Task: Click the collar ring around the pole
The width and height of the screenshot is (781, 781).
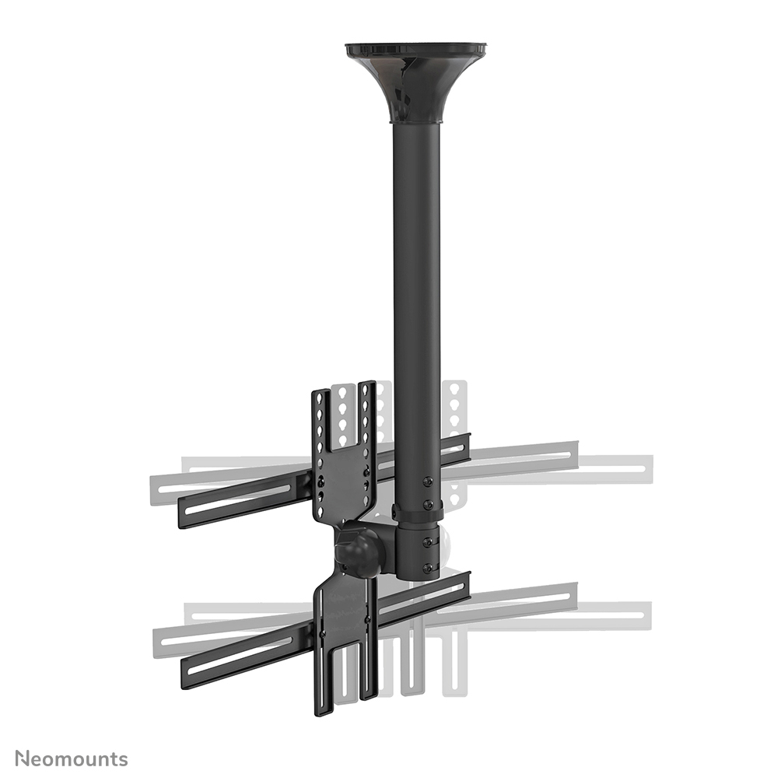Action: [418, 513]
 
